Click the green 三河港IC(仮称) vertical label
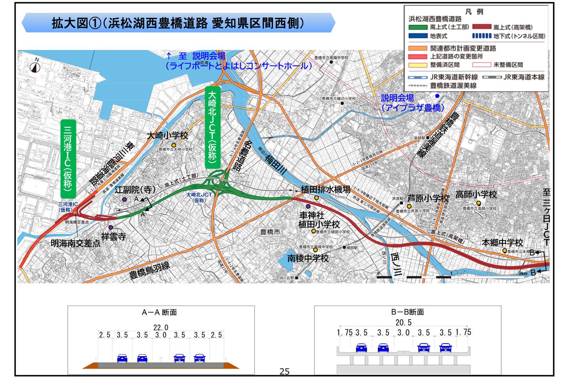(68, 159)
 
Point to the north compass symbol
(36, 67)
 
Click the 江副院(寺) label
(135, 190)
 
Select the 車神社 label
(312, 215)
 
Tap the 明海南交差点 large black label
(75, 244)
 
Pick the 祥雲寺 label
(114, 236)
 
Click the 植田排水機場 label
(325, 189)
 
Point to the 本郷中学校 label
(502, 243)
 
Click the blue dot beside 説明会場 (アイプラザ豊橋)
(437, 96)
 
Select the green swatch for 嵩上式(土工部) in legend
(418, 27)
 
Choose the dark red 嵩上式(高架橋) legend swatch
(482, 27)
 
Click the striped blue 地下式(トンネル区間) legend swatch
(482, 36)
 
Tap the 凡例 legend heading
(474, 12)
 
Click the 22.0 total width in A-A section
(161, 327)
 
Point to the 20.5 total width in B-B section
(403, 322)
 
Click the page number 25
(284, 371)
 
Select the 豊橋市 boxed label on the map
(270, 232)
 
